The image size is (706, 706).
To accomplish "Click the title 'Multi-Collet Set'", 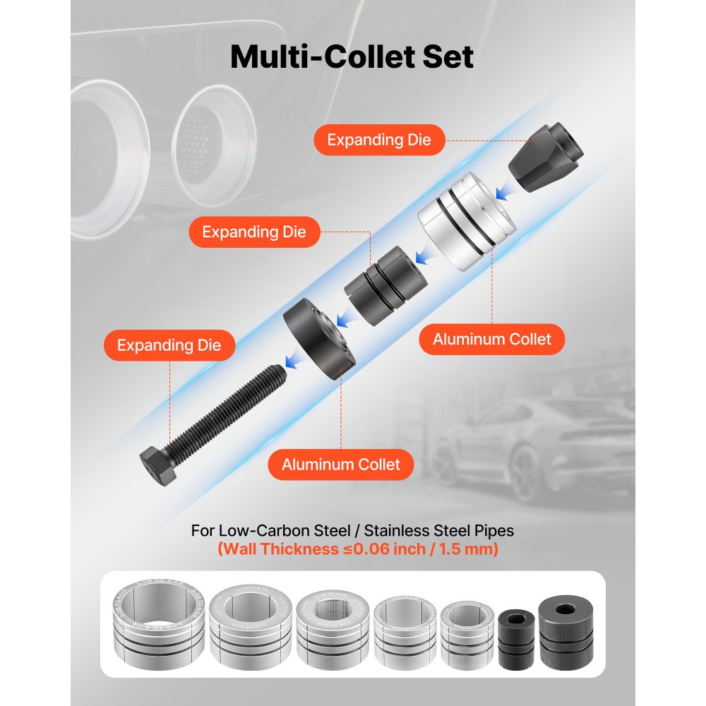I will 352,56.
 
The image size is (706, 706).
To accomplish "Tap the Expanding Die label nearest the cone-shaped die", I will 378,139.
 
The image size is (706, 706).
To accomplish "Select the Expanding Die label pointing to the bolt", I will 169,345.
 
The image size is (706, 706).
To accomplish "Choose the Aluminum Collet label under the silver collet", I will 491,339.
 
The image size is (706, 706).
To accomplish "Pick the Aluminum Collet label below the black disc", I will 340,464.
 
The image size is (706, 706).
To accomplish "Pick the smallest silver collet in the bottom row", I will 466,628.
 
